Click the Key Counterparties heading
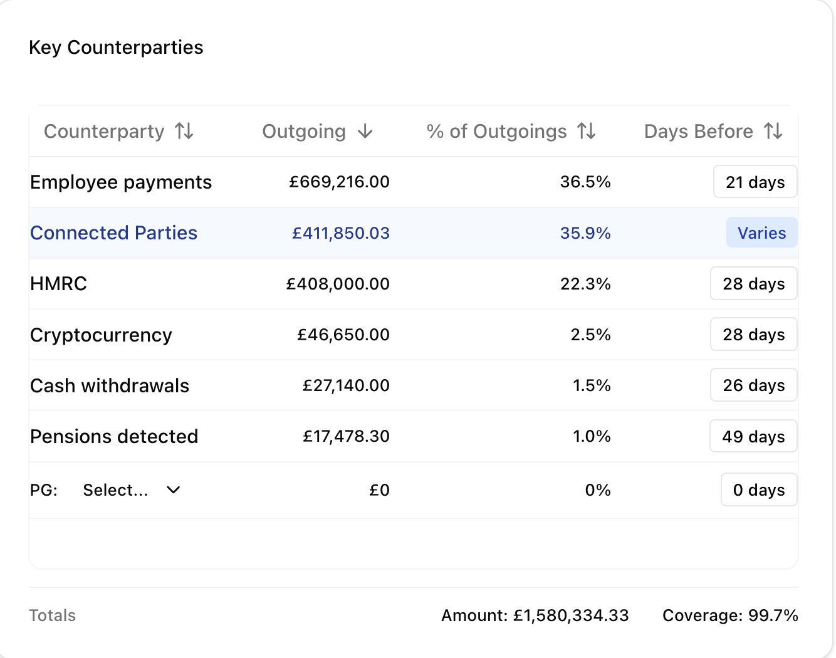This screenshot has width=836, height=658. coord(116,48)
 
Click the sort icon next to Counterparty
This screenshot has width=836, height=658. coord(184,131)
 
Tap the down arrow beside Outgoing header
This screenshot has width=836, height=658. coord(365,131)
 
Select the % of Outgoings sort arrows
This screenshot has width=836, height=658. coord(587,131)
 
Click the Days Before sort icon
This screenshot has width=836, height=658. coord(773,131)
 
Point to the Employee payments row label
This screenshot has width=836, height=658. coord(121,182)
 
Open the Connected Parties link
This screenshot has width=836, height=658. coord(113,233)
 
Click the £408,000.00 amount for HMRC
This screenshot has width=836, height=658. coord(338,284)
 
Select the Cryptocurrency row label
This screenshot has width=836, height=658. coord(101,335)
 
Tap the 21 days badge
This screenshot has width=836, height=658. coord(755,182)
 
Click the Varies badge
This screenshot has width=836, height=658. coord(761,232)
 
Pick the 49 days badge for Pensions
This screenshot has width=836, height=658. coord(753,436)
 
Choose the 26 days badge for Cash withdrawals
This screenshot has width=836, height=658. coord(754,385)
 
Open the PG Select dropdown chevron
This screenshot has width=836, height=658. coord(174,490)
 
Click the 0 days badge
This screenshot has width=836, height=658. coord(759,490)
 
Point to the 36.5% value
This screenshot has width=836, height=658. coord(585,182)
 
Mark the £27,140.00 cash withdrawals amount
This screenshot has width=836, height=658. coord(346,385)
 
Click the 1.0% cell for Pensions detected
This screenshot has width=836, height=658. coord(592,436)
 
